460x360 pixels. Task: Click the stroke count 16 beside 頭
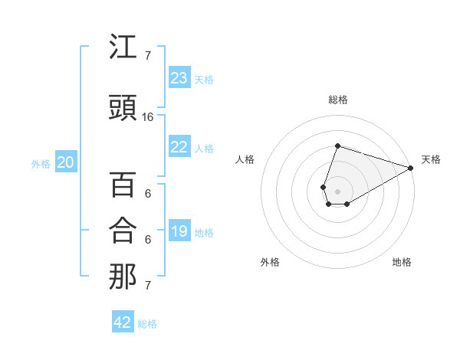click(148, 117)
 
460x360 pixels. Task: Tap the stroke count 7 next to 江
click(148, 56)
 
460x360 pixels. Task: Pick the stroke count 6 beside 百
click(148, 194)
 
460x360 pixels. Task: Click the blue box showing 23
click(179, 77)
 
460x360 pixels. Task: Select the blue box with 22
click(179, 147)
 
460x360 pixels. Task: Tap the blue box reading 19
click(179, 231)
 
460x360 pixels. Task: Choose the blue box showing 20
click(66, 162)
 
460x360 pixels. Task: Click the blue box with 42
click(123, 322)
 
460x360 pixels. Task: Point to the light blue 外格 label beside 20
click(41, 163)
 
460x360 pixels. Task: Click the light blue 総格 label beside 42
click(147, 324)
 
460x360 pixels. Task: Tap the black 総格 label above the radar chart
click(337, 100)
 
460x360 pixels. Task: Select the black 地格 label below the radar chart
click(402, 262)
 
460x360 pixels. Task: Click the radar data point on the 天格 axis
click(412, 168)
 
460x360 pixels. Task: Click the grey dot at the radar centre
click(337, 190)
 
